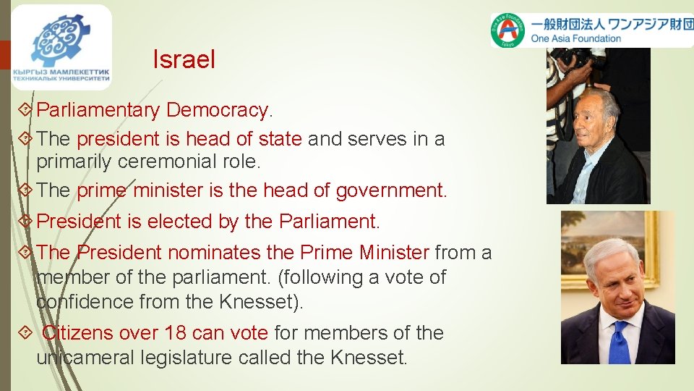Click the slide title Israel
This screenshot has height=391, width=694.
coord(184,60)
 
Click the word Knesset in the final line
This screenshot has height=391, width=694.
coord(369,357)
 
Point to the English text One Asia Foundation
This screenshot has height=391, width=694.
coord(575,38)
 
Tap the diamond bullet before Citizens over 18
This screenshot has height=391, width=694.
coord(27,334)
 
